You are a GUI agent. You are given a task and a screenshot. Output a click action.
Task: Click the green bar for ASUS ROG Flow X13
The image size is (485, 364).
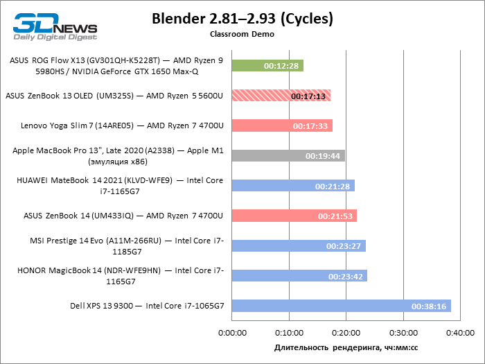[267, 66]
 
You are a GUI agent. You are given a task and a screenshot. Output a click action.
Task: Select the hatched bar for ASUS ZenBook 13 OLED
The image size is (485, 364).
[281, 96]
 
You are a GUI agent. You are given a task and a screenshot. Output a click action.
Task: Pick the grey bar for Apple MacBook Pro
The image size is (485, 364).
[288, 155]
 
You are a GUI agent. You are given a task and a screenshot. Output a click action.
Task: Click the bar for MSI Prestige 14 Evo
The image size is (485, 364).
[299, 245]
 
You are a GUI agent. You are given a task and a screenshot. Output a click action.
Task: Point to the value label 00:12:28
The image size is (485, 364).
[283, 67]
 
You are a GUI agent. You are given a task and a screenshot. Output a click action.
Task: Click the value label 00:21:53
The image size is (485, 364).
[336, 216]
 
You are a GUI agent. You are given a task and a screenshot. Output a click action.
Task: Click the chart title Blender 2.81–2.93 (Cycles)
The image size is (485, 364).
[242, 19]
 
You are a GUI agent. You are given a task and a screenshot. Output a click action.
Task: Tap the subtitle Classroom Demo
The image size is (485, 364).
[242, 33]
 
